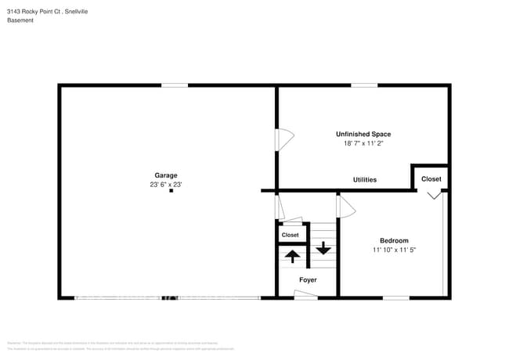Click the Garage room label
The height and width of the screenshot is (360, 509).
165,175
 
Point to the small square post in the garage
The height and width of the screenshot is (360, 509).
171,191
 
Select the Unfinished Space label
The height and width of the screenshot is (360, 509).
363,134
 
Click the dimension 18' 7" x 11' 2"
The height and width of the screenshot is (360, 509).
363,143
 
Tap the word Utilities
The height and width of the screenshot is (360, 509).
364,180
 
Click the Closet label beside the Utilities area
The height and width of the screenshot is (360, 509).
431,178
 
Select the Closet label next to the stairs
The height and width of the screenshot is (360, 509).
290,235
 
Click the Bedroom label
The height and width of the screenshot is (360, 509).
394,240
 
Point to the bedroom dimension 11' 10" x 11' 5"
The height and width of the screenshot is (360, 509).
394,250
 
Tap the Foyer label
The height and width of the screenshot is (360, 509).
308,279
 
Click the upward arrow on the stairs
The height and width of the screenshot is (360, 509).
291,255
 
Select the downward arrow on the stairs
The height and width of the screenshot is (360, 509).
323,250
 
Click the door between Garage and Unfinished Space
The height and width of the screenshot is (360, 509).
283,139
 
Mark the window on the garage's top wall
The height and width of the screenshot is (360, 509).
175,85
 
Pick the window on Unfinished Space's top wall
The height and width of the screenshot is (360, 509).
363,85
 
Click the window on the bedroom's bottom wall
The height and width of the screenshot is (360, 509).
395,297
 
